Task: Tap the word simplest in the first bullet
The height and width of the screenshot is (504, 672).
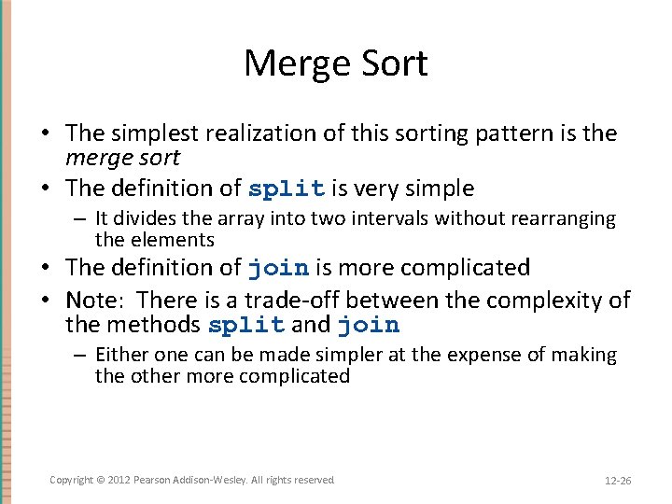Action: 156,133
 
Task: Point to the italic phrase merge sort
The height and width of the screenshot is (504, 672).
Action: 122,158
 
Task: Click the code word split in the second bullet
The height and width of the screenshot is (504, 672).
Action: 287,189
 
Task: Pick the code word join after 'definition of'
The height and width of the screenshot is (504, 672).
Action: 278,268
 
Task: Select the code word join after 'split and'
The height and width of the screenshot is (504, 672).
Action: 368,326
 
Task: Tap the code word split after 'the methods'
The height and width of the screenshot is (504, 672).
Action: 246,326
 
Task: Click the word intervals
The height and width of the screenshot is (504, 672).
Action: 356,218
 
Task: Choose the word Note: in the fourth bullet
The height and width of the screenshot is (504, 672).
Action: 91,300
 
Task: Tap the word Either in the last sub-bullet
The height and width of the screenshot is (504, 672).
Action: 119,355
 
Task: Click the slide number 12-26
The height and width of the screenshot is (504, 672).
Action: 618,481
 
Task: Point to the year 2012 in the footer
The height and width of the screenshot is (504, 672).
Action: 119,480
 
